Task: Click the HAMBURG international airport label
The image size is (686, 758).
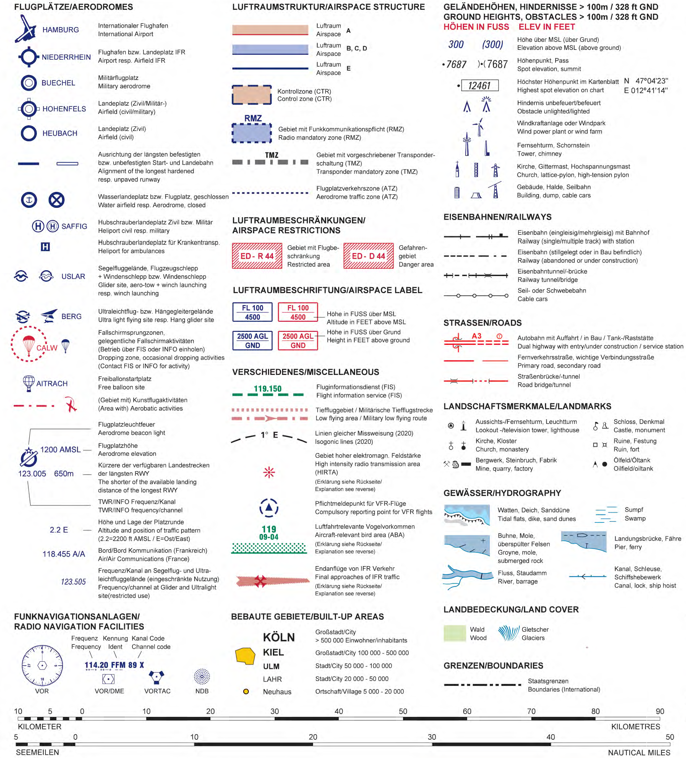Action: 61,30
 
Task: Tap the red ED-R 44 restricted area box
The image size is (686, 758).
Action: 257,256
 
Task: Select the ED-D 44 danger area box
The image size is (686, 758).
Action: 368,256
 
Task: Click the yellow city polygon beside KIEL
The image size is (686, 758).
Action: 245,656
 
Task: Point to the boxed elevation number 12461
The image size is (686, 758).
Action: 479,85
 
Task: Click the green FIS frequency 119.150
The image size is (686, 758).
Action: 267,388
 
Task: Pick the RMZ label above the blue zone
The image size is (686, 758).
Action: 253,118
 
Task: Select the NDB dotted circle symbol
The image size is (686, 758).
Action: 202,676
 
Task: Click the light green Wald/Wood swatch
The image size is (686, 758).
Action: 454,633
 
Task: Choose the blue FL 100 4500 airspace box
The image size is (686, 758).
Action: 252,312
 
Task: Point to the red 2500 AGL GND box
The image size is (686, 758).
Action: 298,341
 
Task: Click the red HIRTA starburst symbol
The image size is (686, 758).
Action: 269,472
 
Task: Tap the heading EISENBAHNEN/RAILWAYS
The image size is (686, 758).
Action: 498,217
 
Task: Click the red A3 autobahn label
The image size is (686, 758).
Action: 476,336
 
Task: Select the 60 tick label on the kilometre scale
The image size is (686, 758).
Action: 467,711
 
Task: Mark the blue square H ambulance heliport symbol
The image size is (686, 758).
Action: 45,247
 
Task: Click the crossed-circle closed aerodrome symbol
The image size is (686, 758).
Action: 56,200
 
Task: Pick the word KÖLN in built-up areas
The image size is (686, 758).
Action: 279,637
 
